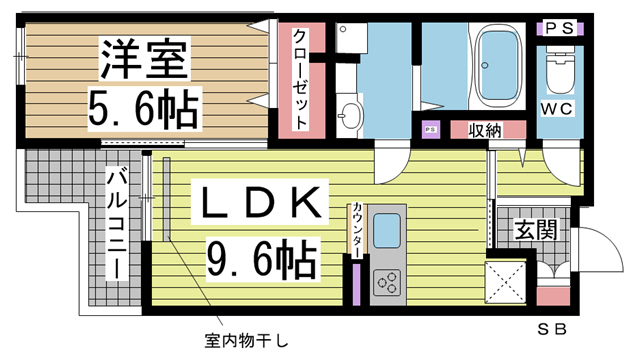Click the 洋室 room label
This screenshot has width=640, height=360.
(144, 58)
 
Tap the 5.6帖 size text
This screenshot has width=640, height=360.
(144, 109)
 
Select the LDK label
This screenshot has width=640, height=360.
(260, 202)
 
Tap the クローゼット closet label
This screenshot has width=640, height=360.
(301, 79)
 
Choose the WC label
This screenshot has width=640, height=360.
(557, 109)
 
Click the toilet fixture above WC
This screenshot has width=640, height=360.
(559, 70)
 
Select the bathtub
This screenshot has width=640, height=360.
(500, 66)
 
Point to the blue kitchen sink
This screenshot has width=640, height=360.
(387, 231)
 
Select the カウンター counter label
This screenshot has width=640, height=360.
(357, 229)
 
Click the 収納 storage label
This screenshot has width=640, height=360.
(484, 131)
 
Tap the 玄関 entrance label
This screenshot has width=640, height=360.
(536, 230)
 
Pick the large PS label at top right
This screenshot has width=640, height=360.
(559, 28)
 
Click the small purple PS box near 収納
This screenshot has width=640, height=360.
(430, 129)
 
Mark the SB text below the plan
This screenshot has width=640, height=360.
(552, 329)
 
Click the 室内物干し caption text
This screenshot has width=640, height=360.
(246, 340)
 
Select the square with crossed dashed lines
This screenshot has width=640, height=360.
(505, 282)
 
